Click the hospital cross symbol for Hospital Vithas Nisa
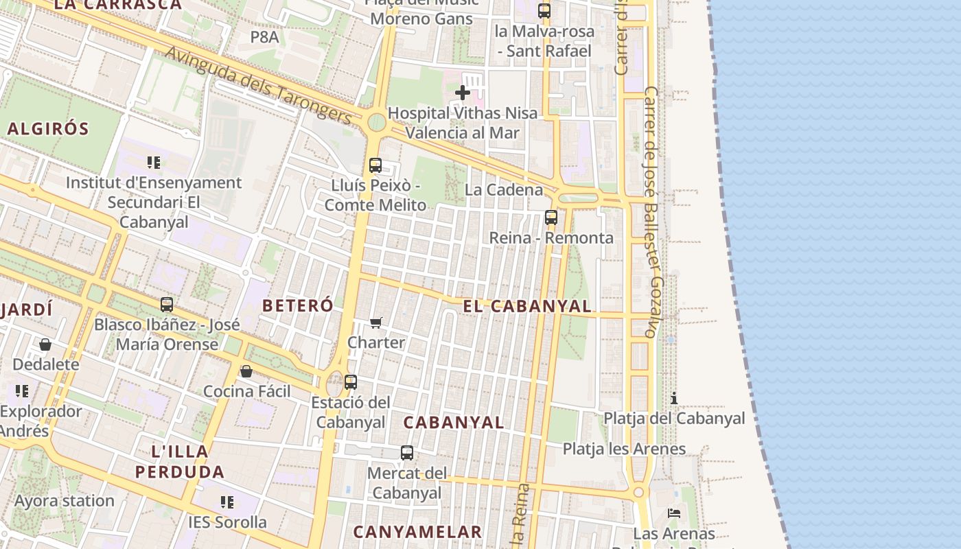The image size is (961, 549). [463, 93]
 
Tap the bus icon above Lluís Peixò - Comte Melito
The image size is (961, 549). [375, 165]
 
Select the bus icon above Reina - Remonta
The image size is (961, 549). [551, 218]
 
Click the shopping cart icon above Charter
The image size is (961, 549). [375, 323]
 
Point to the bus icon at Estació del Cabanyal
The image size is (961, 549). [351, 382]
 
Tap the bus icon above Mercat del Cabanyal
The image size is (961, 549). [407, 453]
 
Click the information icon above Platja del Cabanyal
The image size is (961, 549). [674, 398]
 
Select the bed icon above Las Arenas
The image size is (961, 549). [674, 513]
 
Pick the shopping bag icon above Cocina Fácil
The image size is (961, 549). [246, 371]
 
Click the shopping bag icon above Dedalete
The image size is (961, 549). [45, 344]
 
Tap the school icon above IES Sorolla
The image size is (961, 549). [227, 502]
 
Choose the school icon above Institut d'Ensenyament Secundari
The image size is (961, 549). [154, 163]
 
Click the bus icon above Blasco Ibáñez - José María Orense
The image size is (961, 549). [167, 305]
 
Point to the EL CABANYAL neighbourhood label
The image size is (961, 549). [526, 306]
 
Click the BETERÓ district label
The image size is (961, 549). [298, 305]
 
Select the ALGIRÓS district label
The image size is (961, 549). [48, 128]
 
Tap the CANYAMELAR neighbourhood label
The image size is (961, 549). [417, 532]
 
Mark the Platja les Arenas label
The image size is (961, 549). [624, 449]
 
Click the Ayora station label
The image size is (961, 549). [65, 500]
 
